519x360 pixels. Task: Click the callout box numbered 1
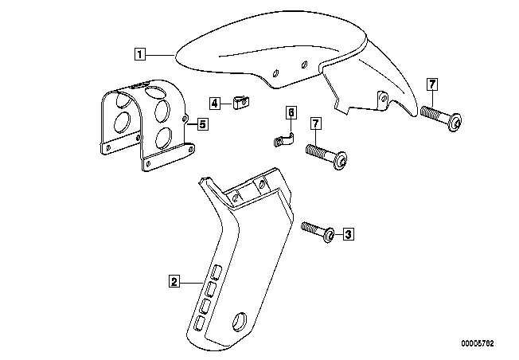[x=140, y=54]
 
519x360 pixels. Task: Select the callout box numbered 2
[x=174, y=281]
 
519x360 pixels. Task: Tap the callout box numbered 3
[x=348, y=234]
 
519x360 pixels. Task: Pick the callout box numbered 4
[x=215, y=103]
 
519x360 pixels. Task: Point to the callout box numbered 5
[x=202, y=124]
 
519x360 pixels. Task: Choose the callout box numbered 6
[x=291, y=112]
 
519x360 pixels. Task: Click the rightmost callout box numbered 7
[x=432, y=84]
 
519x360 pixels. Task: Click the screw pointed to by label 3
[x=318, y=232]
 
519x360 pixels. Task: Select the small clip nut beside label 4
[x=240, y=102]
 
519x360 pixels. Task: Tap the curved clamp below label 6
[x=283, y=140]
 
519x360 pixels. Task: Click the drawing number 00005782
[x=478, y=343]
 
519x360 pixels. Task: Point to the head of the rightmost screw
[x=455, y=122]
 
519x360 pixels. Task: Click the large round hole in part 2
[x=240, y=321]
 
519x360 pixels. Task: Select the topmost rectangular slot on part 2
[x=217, y=272]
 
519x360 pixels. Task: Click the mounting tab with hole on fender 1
[x=383, y=100]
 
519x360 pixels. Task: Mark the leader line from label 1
[x=159, y=54]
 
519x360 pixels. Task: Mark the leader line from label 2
[x=191, y=283]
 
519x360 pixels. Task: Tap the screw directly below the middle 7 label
[x=326, y=157]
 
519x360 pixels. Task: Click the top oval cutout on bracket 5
[x=155, y=92]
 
